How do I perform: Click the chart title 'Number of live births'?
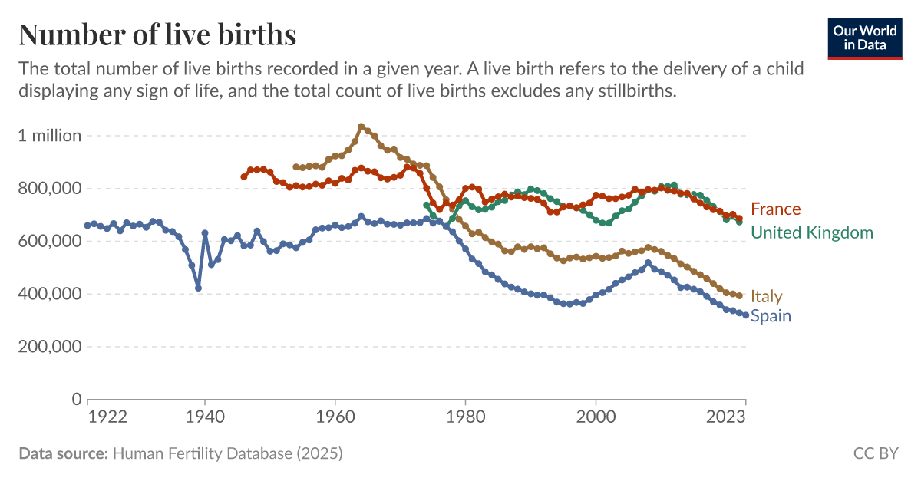click(157, 35)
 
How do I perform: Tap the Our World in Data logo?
click(864, 37)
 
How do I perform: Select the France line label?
click(775, 209)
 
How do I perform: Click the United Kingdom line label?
click(811, 232)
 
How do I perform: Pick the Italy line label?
click(767, 296)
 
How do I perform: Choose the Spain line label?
click(771, 316)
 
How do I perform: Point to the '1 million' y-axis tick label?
click(50, 136)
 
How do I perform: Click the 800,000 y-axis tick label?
click(50, 189)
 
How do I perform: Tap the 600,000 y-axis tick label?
click(50, 241)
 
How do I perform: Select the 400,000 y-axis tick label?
click(50, 294)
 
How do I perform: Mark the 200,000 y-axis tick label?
click(50, 347)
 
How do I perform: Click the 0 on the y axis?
click(76, 399)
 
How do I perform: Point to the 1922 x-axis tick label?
click(107, 417)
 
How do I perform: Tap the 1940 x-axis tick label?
click(205, 417)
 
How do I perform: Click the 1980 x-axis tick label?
click(465, 417)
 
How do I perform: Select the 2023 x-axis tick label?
click(726, 417)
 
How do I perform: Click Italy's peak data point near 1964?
click(361, 127)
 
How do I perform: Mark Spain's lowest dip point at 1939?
click(198, 288)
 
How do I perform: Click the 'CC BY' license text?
click(875, 453)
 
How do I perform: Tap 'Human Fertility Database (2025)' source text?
click(227, 453)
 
